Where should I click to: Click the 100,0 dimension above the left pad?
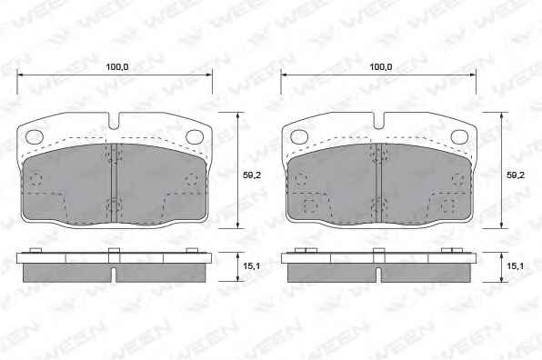pyautogui.click(x=116, y=66)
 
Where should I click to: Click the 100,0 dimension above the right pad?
pyautogui.click(x=381, y=66)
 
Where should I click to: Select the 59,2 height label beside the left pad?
pyautogui.click(x=252, y=175)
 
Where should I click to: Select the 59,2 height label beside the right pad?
pyautogui.click(x=516, y=175)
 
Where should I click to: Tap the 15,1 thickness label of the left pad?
pyautogui.click(x=252, y=266)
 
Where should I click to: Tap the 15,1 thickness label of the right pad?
pyautogui.click(x=515, y=265)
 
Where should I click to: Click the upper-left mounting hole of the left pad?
pyautogui.click(x=35, y=136)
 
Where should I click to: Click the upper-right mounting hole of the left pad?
pyautogui.click(x=195, y=136)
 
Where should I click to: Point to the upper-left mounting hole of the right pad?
pyautogui.click(x=299, y=136)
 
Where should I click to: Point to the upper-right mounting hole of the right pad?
pyautogui.click(x=459, y=136)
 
